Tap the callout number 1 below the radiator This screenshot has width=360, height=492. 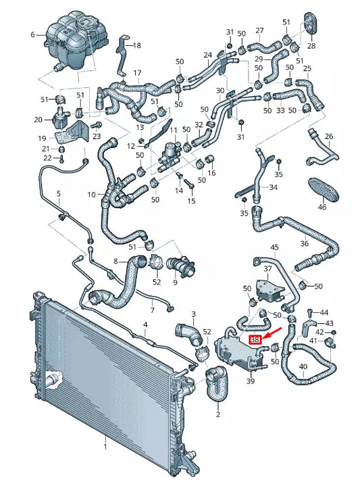pos(105,446)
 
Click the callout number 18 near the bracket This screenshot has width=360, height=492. pos(137,45)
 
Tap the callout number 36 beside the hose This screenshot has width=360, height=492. pos(305,244)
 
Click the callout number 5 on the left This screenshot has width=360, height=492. pos(58,194)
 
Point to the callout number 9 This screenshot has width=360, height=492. pos(175,282)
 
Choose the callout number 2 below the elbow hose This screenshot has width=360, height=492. pos(217,415)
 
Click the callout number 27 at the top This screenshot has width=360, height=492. pos(259,30)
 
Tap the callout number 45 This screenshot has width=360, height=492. pos(274,248)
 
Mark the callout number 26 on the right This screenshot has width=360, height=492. pos(329,137)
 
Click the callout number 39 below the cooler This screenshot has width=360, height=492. pos(251,382)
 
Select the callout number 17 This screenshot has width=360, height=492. pos(137,73)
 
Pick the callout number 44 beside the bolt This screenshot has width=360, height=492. pos(324,312)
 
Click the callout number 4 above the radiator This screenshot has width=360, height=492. pos(145,326)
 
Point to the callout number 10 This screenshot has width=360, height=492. pos(92,195)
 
